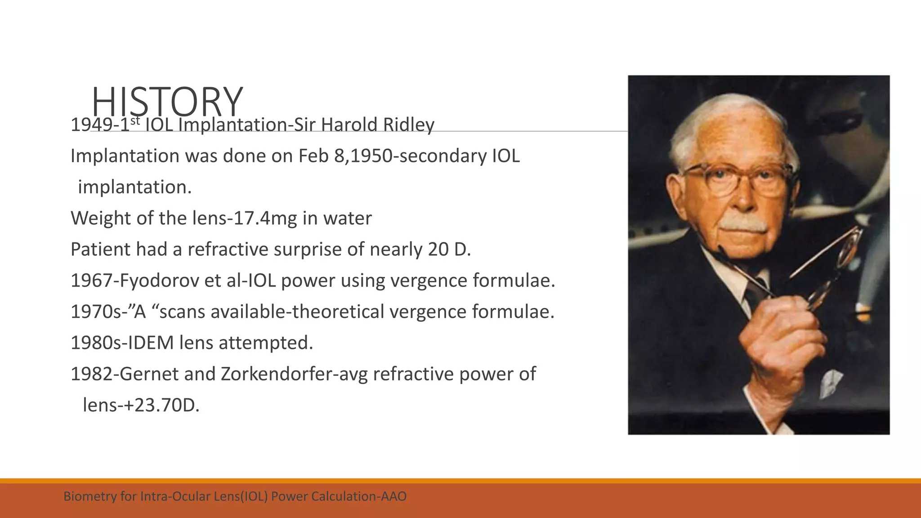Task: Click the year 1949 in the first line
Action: [90, 125]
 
